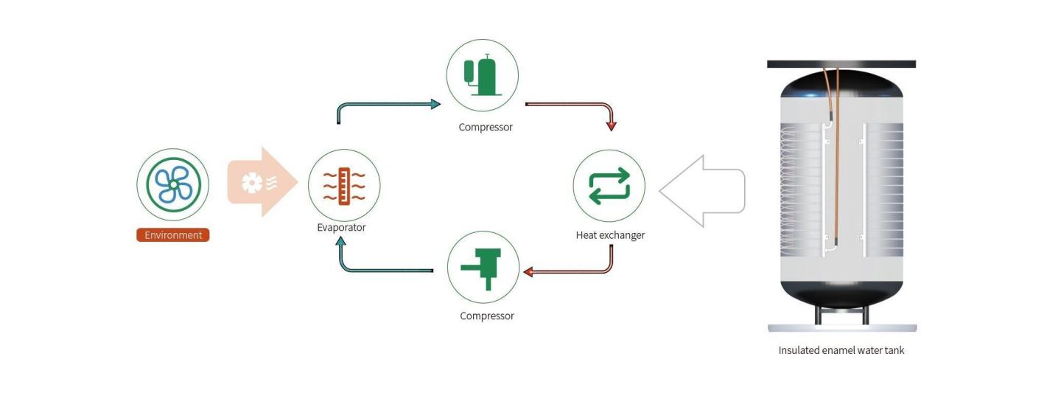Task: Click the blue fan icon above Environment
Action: (x=173, y=184)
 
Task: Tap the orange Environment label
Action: (x=173, y=235)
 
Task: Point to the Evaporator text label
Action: (x=341, y=228)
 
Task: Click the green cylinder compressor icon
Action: (x=482, y=74)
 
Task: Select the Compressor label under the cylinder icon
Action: (x=486, y=127)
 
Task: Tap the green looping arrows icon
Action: (x=609, y=185)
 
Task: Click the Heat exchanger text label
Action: (x=610, y=235)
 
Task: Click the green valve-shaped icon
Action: (x=483, y=266)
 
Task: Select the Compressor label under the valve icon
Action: (x=487, y=316)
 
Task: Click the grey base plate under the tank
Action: (x=842, y=328)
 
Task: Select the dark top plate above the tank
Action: (x=841, y=64)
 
